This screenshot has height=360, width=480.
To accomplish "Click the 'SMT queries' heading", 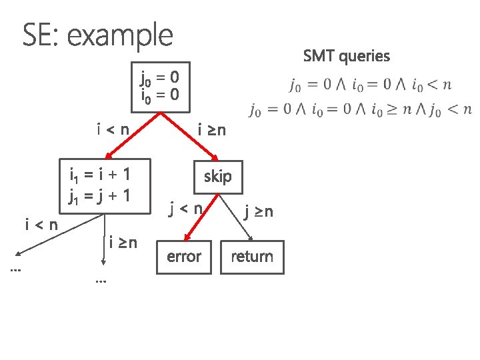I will tap(346, 56).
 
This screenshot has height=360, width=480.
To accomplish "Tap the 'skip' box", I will tap(217, 177).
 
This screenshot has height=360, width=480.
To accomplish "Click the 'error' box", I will tap(184, 257).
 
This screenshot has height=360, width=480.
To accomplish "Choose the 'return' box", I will tap(251, 257).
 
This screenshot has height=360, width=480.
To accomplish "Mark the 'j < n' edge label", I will tap(185, 209).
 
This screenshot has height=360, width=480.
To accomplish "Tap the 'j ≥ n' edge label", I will tap(258, 212).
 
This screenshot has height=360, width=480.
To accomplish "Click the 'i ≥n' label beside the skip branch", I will tap(211, 129).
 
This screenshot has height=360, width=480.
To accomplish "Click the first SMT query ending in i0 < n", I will tap(371, 85).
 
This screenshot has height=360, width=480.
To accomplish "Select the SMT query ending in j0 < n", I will tap(360, 109).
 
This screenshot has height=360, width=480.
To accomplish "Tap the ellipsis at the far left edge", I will tap(15, 270).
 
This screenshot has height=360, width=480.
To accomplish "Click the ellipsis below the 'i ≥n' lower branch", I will tap(101, 281).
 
